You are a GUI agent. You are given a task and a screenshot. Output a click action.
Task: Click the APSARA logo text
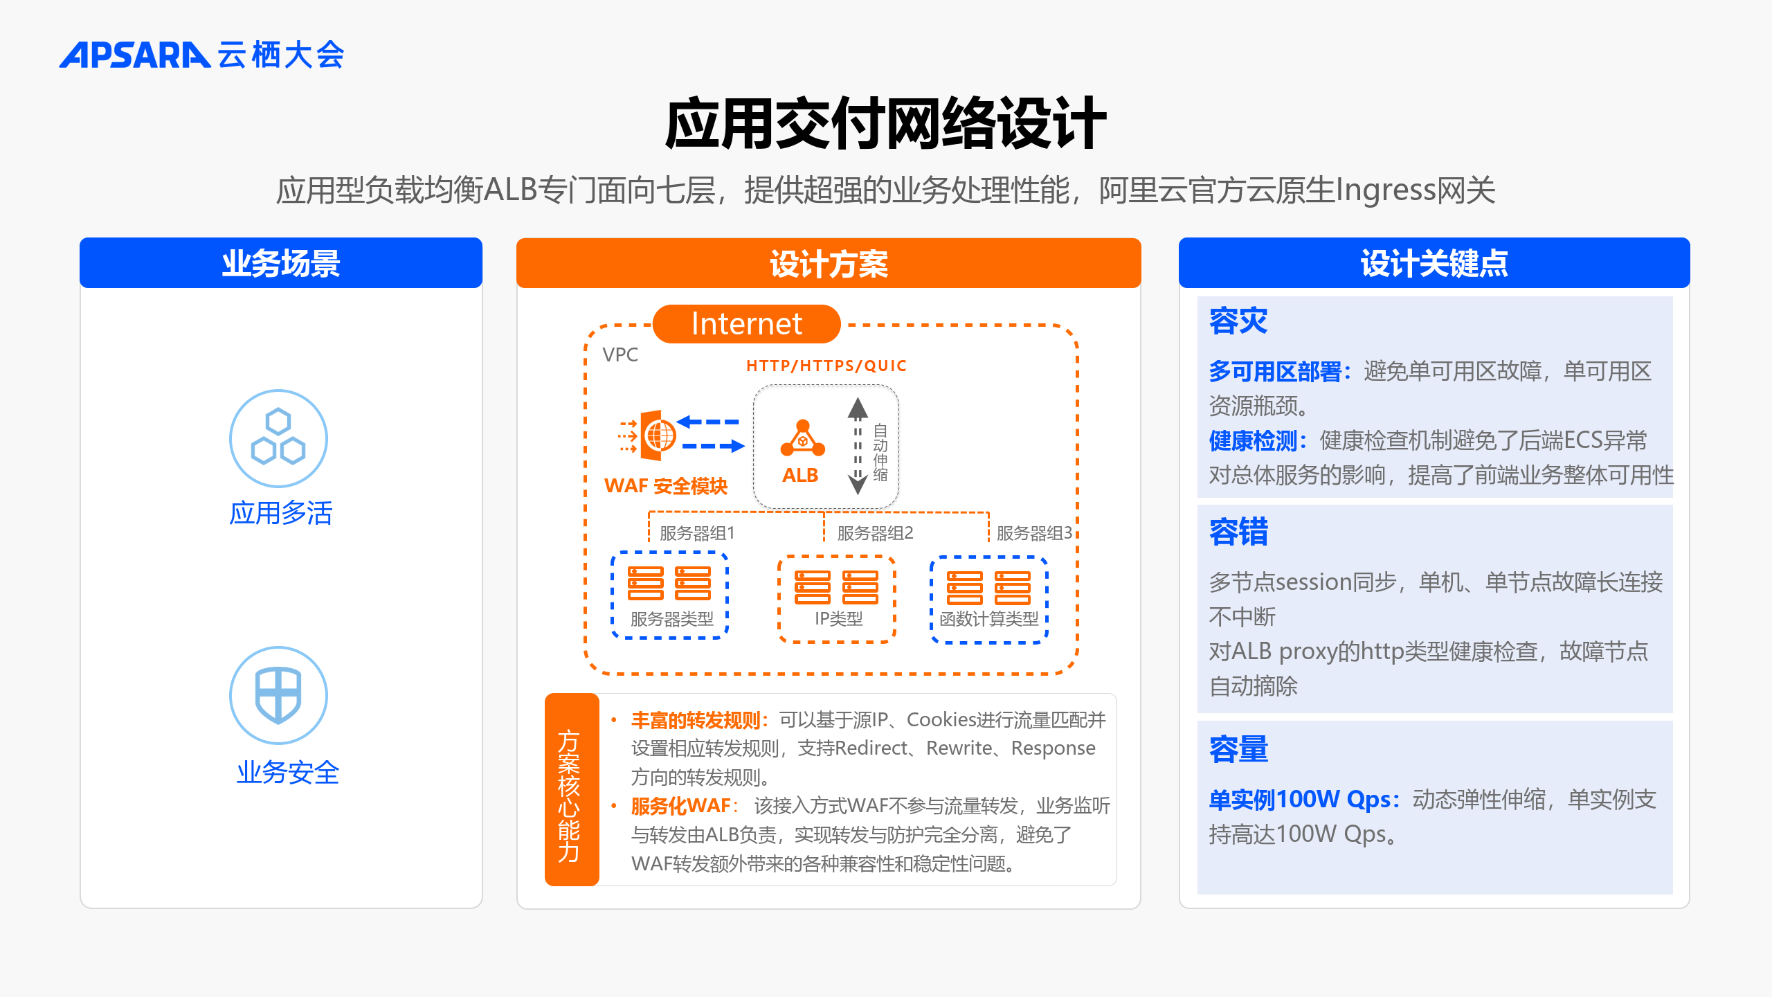pos(134,55)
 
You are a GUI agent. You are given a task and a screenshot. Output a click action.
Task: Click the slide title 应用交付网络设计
pos(885,124)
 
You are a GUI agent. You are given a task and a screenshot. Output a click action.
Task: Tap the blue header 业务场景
pos(281,263)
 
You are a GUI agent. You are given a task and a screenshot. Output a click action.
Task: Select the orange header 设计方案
pos(829,263)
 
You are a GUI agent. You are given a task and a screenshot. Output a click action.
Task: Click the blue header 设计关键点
pos(1434,263)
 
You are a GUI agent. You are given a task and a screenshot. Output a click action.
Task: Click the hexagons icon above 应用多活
pos(278,438)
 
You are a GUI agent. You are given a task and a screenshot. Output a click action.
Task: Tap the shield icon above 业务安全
pos(278,695)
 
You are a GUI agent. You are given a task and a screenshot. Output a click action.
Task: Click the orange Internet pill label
pos(747,324)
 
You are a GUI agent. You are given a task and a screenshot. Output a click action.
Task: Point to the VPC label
pos(620,354)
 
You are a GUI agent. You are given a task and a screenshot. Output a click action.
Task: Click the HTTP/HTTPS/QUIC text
pos(826,366)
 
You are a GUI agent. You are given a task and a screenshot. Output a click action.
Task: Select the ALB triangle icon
pos(802,438)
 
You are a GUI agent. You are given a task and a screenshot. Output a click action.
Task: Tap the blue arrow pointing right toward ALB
pos(713,447)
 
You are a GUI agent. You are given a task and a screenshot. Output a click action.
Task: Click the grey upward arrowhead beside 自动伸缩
pos(858,408)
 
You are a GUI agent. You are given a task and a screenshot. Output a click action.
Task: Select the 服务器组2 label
pos(875,533)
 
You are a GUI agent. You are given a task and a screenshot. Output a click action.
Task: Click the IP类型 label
pos(838,618)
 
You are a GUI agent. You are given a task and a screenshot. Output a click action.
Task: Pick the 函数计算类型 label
pos(989,618)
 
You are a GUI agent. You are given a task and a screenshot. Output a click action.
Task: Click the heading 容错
pos(1238,532)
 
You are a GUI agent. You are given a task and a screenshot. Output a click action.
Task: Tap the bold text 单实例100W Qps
pos(1300,800)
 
